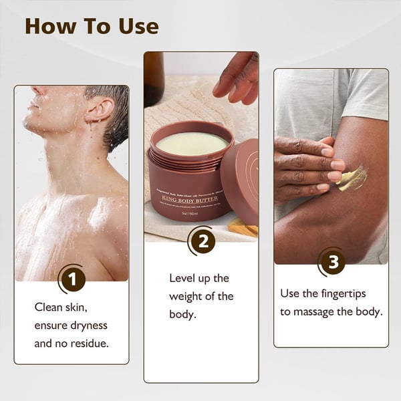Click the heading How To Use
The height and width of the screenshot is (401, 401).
click(92, 26)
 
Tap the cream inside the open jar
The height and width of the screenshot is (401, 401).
click(191, 142)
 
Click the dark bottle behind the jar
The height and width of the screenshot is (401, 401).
click(153, 77)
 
